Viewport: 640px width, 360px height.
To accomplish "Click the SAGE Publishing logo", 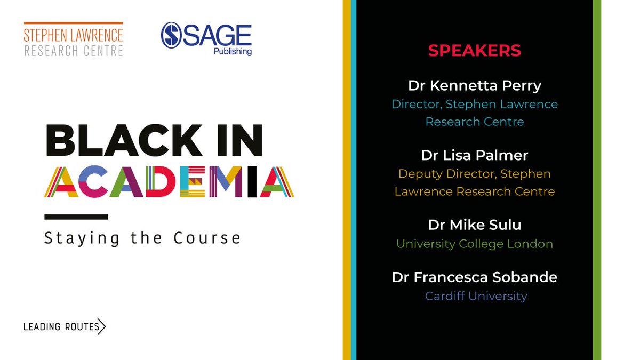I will [206, 38].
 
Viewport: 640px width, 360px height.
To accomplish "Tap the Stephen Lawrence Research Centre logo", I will [74, 39].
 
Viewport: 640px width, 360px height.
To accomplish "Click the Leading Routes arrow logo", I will [65, 326].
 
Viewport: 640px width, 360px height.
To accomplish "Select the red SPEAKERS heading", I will [474, 50].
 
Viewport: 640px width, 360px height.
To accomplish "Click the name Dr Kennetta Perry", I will [474, 85].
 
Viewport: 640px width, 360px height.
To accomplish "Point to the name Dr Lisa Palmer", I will [474, 155].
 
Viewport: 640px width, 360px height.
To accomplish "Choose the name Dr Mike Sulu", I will [474, 225].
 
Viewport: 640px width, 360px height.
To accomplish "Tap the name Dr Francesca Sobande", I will [474, 277].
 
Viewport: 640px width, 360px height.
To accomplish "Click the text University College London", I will [474, 244].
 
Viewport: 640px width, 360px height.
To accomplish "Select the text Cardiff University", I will [476, 295].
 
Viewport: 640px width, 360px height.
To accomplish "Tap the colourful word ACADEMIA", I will [169, 182].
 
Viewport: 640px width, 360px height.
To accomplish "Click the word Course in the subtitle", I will [207, 237].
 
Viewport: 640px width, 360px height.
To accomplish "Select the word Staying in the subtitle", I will [82, 238].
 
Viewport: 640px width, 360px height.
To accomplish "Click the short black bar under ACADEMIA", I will [76, 217].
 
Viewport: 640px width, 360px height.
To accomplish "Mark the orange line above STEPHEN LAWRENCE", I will [74, 23].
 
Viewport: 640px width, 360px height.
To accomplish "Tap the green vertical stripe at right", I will [597, 180].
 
